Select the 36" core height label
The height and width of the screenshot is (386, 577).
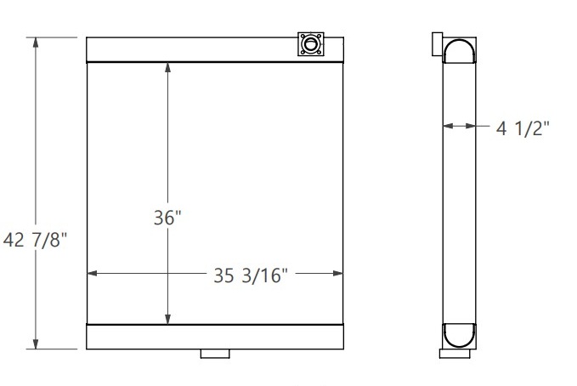[167, 218]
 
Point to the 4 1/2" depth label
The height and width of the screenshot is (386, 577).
[523, 128]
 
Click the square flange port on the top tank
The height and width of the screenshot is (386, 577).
[310, 43]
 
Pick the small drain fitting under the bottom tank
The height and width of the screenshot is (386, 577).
[215, 354]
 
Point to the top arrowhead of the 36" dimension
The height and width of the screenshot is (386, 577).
[167, 68]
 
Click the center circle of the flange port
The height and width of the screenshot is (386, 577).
[310, 43]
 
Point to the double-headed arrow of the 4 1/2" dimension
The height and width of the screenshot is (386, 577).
[460, 127]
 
